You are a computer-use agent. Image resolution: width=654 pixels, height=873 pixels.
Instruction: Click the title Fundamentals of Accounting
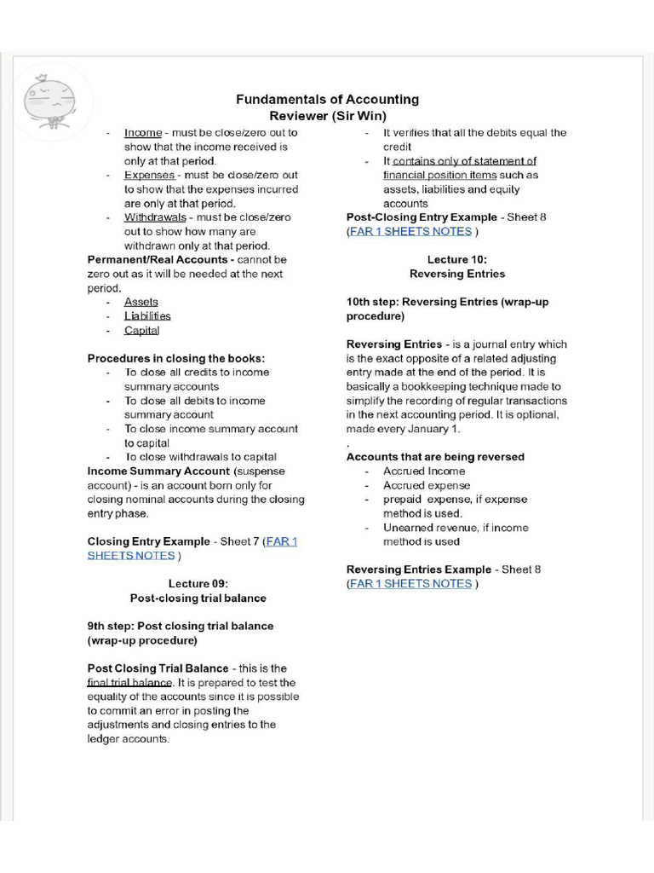click(327, 100)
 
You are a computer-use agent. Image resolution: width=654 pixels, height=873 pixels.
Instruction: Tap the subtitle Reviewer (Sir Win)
click(327, 116)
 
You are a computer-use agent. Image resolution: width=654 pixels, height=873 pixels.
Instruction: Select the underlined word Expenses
click(149, 175)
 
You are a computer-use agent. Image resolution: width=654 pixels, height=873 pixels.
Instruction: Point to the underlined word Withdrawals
click(155, 217)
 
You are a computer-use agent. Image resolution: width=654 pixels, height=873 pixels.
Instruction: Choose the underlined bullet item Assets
click(141, 302)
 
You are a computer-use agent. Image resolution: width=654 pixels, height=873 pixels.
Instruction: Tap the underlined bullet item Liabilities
click(147, 316)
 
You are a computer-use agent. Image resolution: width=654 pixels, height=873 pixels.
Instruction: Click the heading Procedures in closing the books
click(176, 358)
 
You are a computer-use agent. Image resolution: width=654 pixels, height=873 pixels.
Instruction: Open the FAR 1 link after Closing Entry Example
click(281, 541)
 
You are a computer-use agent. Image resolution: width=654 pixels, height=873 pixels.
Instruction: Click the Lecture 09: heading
click(198, 584)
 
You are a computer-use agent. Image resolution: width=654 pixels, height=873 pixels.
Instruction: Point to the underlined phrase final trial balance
click(129, 683)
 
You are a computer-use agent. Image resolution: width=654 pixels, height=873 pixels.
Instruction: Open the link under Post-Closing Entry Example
click(410, 231)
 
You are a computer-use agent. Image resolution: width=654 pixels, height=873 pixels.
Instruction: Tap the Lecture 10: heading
click(456, 259)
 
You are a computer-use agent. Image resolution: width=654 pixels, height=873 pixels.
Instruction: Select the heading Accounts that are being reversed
click(435, 457)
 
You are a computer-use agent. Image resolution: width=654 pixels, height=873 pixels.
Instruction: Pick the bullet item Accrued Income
click(423, 471)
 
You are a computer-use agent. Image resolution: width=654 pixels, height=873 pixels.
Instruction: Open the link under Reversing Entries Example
click(410, 584)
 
